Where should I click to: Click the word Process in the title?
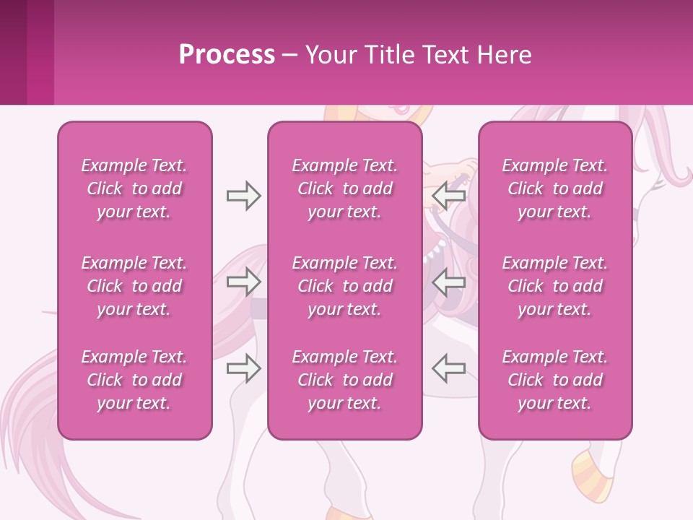[x=227, y=55]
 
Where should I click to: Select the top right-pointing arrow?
[x=243, y=196]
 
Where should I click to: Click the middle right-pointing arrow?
[x=243, y=282]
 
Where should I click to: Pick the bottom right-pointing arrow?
[x=243, y=368]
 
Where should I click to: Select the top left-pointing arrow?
[x=449, y=196]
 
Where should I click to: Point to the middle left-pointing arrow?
[x=449, y=282]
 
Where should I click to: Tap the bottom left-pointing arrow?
[x=449, y=368]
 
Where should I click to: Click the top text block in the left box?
[x=134, y=188]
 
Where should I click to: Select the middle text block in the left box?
[x=134, y=286]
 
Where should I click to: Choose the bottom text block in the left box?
[x=134, y=380]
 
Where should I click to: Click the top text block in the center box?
[x=344, y=188]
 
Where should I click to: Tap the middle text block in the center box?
[x=344, y=286]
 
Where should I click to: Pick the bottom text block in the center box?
[x=344, y=380]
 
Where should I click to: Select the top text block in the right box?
[x=554, y=188]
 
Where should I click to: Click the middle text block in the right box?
[x=554, y=286]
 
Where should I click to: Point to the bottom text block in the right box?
[x=554, y=380]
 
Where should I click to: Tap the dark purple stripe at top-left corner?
[x=13, y=52]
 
